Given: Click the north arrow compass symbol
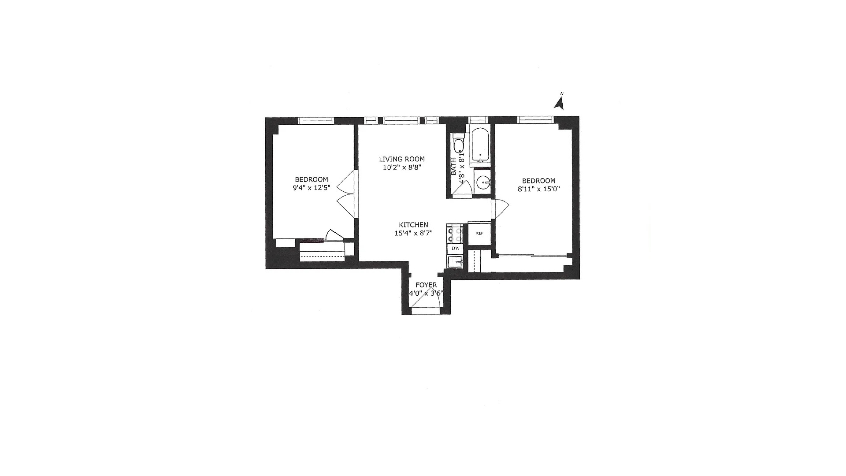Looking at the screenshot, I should coord(560,103).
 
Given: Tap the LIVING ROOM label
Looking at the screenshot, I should coord(402,159).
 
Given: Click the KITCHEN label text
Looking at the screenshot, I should coord(413,225).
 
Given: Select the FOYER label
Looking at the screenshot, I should coord(426,285).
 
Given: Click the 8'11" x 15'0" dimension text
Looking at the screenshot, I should coord(538,189).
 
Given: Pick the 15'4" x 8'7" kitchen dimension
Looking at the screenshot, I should coord(413,233).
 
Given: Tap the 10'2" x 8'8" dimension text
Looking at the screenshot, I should coord(402,167).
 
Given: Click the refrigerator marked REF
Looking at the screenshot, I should coord(479,234).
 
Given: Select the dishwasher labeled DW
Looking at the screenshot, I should coord(455,249).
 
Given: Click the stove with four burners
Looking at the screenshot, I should coord(454,234).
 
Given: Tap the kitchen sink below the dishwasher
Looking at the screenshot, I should coord(455,262).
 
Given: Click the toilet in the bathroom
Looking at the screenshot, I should coord(458,145).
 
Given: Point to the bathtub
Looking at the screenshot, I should coord(479,145).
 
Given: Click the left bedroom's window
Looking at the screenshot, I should coord(316,121).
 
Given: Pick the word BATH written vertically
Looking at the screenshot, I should coord(454,167).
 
